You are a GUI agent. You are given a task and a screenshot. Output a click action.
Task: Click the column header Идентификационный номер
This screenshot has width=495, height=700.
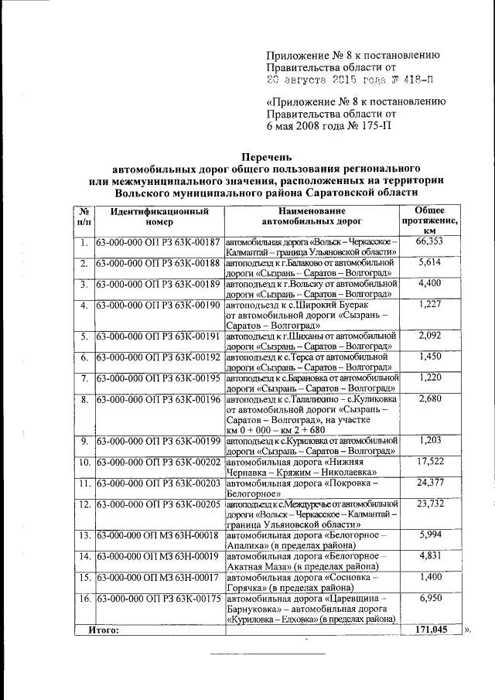click(x=159, y=217)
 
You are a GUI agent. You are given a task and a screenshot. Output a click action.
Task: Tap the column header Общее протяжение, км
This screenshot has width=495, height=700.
click(x=430, y=220)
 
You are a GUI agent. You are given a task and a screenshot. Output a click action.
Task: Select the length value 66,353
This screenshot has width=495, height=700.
click(x=429, y=242)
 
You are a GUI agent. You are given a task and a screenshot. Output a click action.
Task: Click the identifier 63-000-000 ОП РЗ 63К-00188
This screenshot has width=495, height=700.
click(x=159, y=264)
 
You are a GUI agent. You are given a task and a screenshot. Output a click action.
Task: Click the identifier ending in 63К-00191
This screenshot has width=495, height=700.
click(x=159, y=336)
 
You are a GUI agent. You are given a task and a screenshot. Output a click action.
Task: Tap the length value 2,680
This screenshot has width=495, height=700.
click(x=429, y=398)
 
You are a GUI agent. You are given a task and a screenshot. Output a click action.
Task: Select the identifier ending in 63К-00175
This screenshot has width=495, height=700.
click(x=159, y=599)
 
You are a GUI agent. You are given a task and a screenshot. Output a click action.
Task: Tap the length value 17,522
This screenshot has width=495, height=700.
click(x=429, y=462)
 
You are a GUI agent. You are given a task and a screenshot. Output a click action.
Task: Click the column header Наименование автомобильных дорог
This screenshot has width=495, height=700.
click(x=311, y=217)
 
